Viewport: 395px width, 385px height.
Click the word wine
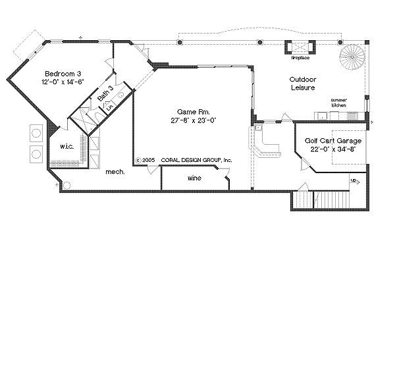click(x=194, y=178)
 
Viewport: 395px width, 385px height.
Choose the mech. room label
click(x=116, y=172)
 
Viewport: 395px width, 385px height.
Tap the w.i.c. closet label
click(x=66, y=146)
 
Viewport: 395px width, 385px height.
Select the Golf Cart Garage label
click(x=333, y=141)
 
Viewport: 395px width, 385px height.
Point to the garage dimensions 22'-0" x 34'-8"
click(x=333, y=150)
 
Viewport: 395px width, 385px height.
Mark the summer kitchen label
click(x=339, y=103)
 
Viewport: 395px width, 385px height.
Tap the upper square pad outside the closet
click(x=36, y=133)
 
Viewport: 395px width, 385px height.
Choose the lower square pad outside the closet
click(x=36, y=153)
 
